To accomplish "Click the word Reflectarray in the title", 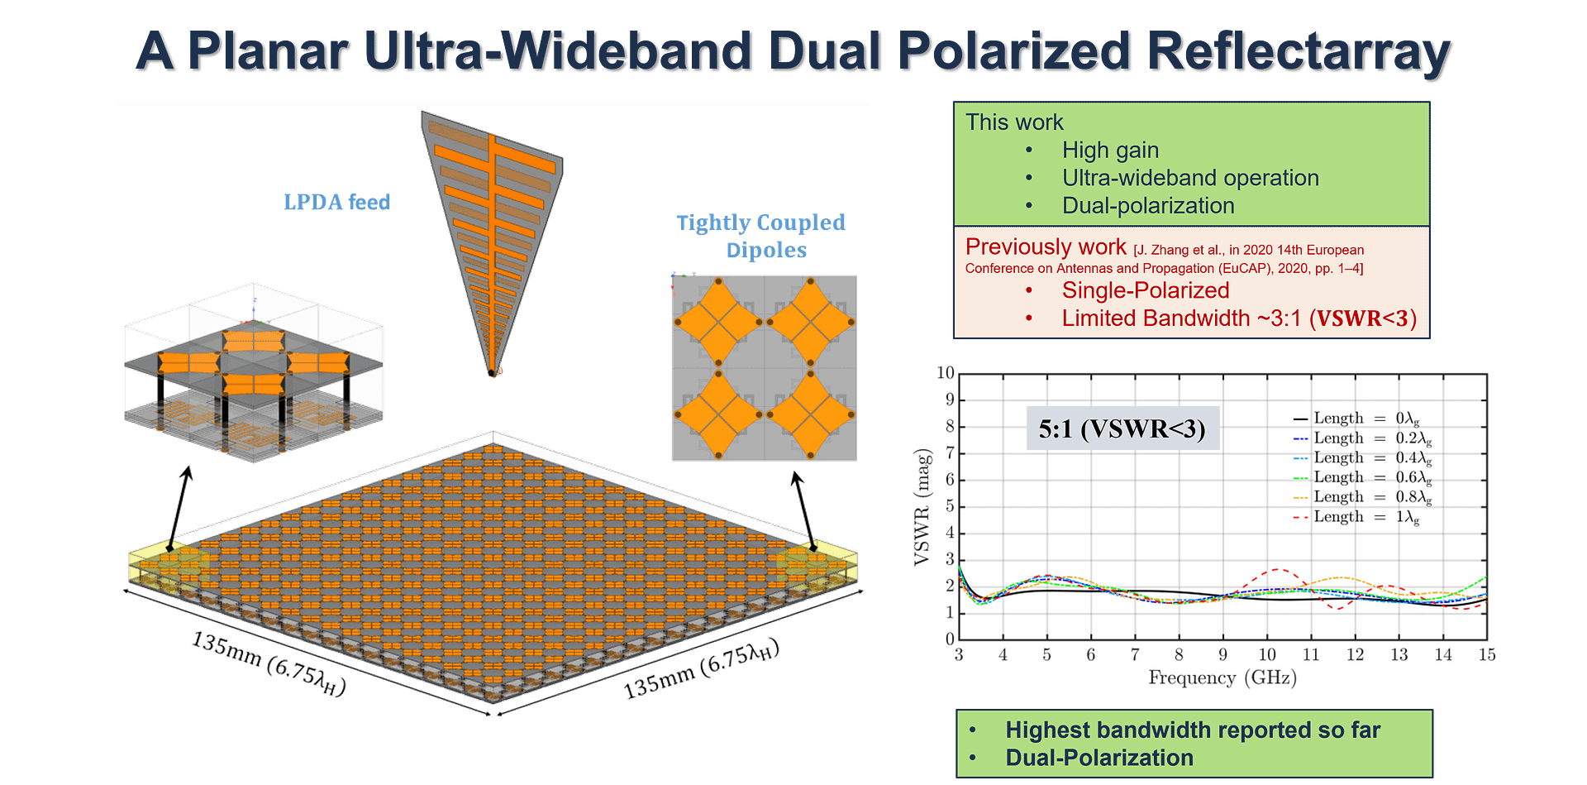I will pyautogui.click(x=1298, y=51).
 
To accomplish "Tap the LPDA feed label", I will pyautogui.click(x=336, y=202).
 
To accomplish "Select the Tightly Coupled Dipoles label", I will pyautogui.click(x=761, y=236).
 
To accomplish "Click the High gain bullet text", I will pyautogui.click(x=1110, y=150).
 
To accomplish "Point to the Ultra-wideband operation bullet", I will pyautogui.click(x=1190, y=178).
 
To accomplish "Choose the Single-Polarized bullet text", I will pyautogui.click(x=1146, y=290).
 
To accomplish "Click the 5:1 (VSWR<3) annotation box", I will pyautogui.click(x=1122, y=428).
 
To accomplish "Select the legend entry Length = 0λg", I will pyautogui.click(x=1356, y=419).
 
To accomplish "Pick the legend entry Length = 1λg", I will pyautogui.click(x=1356, y=517).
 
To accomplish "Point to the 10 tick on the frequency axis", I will pyautogui.click(x=1266, y=655).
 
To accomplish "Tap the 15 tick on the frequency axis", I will pyautogui.click(x=1486, y=655).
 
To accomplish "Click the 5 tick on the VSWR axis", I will pyautogui.click(x=949, y=506).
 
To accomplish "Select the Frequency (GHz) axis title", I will pyautogui.click(x=1222, y=678).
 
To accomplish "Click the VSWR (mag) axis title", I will pyautogui.click(x=922, y=506).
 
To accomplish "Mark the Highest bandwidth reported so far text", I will pyautogui.click(x=1192, y=730).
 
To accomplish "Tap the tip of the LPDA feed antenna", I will pyautogui.click(x=493, y=373).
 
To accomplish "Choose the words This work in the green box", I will pyautogui.click(x=1013, y=122).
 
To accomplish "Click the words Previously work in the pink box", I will pyautogui.click(x=1045, y=247).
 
